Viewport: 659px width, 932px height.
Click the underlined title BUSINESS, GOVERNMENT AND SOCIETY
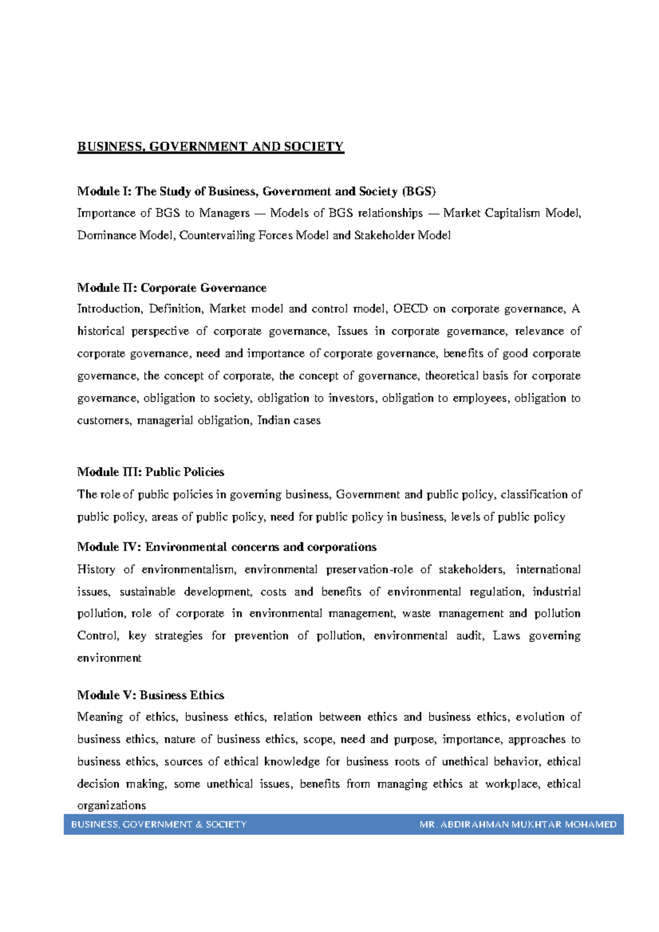210,147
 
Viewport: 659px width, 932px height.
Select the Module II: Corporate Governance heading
171,288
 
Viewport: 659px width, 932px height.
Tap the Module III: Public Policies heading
150,472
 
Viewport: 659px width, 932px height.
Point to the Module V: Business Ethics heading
150,695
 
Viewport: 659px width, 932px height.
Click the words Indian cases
289,421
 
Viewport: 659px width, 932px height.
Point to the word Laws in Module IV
506,636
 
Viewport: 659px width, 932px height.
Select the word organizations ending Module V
111,806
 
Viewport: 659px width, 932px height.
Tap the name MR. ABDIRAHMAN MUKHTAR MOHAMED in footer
517,824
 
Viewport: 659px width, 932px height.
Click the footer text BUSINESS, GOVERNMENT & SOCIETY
159,824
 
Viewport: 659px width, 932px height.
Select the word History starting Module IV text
96,570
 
